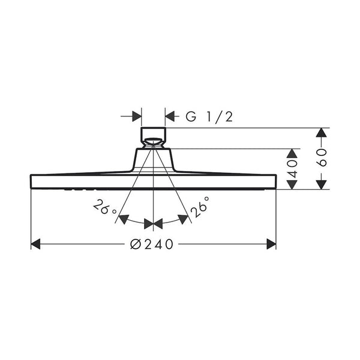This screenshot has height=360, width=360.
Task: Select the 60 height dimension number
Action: [x=322, y=159]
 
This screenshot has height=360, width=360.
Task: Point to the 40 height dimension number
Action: [x=292, y=169]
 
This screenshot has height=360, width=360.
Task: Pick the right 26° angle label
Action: [x=200, y=207]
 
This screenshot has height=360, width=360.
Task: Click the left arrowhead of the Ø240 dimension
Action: [x=35, y=244]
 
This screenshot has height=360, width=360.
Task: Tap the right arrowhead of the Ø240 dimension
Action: [x=271, y=244]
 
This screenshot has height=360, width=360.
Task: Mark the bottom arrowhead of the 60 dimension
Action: [x=322, y=184]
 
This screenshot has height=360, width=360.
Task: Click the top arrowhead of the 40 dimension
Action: [x=292, y=153]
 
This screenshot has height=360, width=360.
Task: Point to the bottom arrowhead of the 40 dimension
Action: [x=292, y=184]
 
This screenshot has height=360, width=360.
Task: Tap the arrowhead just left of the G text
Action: [x=170, y=116]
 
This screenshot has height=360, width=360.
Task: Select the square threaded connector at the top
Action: [x=154, y=133]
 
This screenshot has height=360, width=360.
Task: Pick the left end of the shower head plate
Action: [x=32, y=180]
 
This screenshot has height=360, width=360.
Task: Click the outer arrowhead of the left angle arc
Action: [x=124, y=218]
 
